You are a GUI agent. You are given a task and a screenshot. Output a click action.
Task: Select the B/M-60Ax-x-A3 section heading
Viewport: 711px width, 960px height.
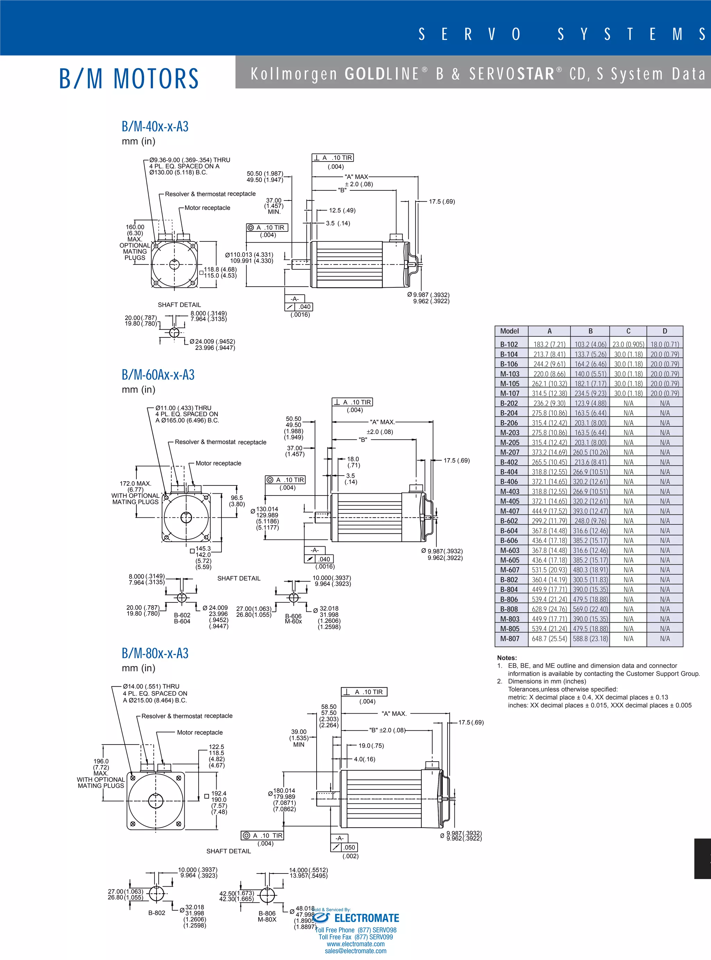click(158, 375)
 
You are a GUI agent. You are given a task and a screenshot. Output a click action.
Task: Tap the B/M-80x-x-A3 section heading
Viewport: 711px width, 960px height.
click(155, 653)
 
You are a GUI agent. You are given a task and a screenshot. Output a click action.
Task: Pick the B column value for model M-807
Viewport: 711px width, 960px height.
click(590, 639)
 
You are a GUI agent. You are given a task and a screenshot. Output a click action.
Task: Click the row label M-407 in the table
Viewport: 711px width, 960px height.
click(510, 511)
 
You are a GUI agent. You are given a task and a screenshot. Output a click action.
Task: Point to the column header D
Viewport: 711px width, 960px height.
click(664, 331)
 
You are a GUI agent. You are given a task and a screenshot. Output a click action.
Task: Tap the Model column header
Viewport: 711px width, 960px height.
click(510, 331)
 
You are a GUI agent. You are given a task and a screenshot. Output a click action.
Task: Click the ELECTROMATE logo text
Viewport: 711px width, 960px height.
click(366, 918)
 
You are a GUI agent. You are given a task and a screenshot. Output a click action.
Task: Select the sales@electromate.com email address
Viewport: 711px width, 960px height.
click(355, 951)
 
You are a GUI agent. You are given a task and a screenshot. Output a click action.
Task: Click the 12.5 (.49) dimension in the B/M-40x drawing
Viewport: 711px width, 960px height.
click(342, 211)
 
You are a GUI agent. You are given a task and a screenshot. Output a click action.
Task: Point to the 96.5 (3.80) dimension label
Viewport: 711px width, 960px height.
click(237, 501)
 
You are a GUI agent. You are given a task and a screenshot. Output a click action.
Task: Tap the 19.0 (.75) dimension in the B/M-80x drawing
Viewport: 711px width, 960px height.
click(371, 746)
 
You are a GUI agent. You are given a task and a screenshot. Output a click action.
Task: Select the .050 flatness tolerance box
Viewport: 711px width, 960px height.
click(349, 847)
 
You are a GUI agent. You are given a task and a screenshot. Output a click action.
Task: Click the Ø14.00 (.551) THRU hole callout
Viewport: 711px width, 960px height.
click(151, 687)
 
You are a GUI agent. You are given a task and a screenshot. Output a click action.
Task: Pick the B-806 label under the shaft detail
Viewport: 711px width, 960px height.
click(267, 913)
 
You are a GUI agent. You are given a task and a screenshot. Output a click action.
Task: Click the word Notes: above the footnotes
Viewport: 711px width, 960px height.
click(507, 658)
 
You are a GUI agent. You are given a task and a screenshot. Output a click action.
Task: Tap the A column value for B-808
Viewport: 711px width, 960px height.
click(549, 609)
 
